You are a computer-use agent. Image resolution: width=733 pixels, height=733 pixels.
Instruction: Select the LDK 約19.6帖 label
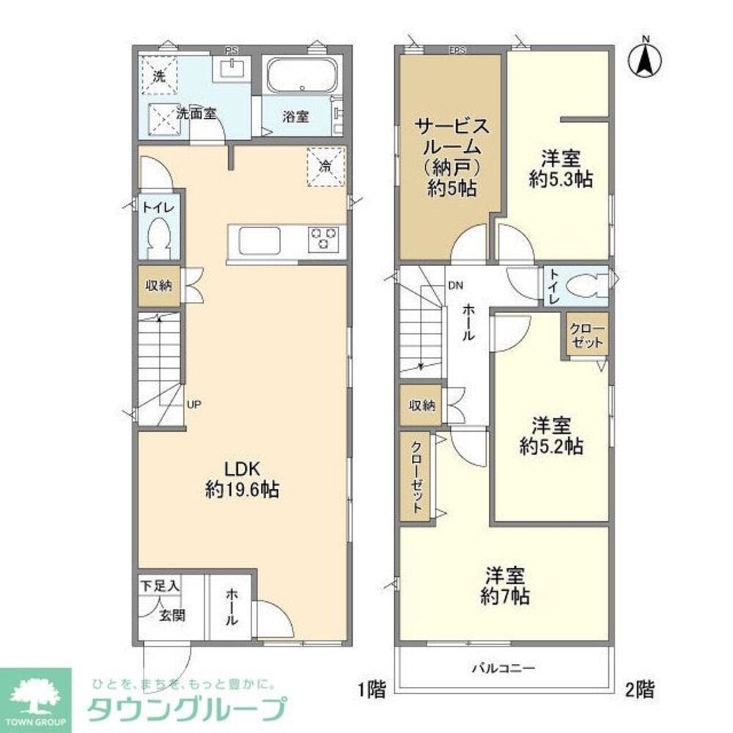click(x=241, y=481)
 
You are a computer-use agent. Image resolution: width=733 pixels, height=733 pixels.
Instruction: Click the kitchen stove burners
click(x=324, y=239)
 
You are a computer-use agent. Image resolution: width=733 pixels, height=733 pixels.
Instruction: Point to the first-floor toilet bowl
click(x=159, y=237)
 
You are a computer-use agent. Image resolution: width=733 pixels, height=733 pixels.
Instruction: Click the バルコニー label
click(x=504, y=668)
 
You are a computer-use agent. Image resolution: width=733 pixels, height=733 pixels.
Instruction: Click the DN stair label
click(x=454, y=285)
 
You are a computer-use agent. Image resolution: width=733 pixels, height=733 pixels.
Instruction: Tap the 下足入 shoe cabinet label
click(x=158, y=586)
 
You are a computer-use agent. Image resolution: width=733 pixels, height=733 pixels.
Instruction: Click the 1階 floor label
click(x=371, y=689)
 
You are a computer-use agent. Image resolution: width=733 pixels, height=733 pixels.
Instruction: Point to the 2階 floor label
click(x=639, y=689)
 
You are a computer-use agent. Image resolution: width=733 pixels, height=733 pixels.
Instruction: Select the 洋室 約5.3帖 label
click(x=561, y=169)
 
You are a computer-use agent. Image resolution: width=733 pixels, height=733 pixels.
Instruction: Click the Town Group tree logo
click(x=35, y=694)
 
